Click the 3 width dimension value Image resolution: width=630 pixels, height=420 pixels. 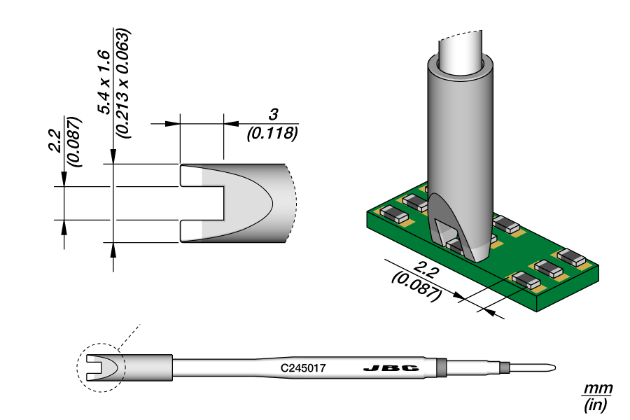pyautogui.click(x=274, y=115)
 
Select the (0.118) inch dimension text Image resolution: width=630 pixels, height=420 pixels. pyautogui.click(x=273, y=133)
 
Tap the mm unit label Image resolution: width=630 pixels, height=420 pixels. pyautogui.click(x=598, y=388)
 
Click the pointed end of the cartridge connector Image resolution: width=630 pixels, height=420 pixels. pyautogui.click(x=553, y=367)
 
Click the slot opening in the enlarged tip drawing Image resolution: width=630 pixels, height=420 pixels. pyautogui.click(x=203, y=204)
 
